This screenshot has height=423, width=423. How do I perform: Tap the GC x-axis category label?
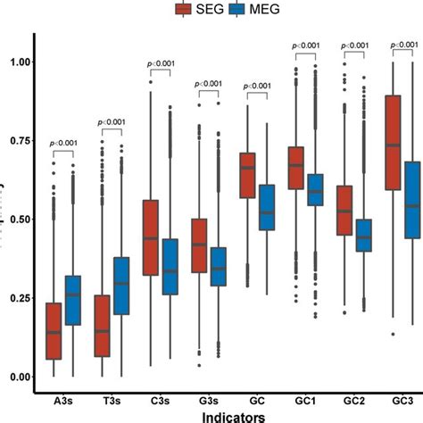click(255, 398)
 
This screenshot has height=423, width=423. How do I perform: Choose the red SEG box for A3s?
click(54, 331)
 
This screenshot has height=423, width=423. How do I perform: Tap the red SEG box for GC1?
click(296, 167)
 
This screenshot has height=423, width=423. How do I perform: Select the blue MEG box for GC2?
click(363, 235)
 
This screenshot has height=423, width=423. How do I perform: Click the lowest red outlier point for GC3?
click(391, 334)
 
